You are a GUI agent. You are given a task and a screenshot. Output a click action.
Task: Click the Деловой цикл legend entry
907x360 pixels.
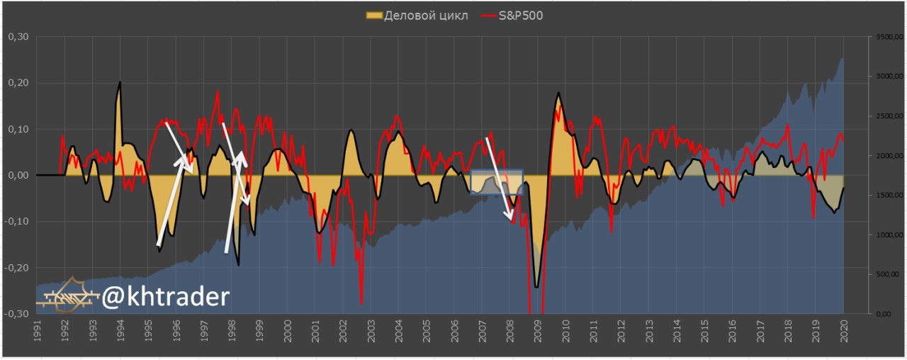coord(418,15)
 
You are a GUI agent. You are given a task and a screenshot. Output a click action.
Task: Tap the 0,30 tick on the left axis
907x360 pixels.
coord(17,37)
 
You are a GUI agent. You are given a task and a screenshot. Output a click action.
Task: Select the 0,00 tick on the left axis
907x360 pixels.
coord(17,175)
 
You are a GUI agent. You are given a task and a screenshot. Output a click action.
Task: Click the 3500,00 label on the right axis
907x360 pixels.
coord(886,37)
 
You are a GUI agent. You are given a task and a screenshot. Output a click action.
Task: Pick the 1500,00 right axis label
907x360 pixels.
coord(886,195)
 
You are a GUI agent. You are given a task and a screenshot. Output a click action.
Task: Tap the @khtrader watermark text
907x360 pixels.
coord(165,297)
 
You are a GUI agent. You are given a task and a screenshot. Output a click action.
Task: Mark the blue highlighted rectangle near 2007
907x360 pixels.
coord(497,182)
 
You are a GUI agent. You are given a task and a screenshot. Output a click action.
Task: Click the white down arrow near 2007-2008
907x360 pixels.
coord(500,180)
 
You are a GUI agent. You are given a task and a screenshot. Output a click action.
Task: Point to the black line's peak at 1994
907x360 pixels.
coord(120,83)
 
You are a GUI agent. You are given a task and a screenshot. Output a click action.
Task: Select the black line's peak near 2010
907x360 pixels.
coord(559,93)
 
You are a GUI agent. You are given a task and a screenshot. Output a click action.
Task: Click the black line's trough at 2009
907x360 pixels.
coord(537,286)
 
